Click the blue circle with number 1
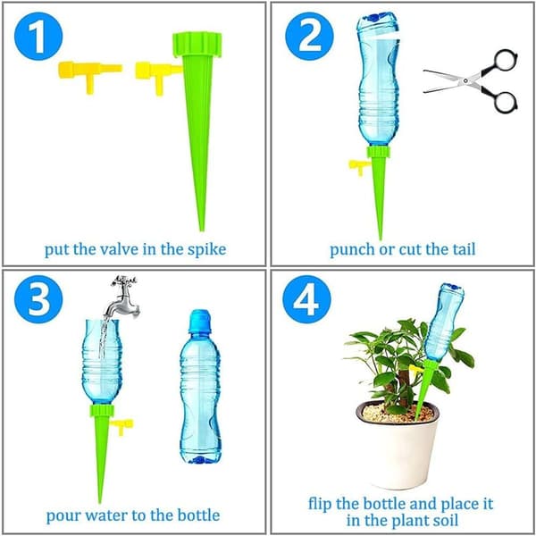[x=38, y=37]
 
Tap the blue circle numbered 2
[x=309, y=37]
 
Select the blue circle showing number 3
[x=38, y=299]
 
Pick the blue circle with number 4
[x=306, y=299]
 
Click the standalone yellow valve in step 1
[x=90, y=76]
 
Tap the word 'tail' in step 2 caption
[x=465, y=249]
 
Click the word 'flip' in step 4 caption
[x=319, y=505]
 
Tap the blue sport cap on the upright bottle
[x=200, y=321]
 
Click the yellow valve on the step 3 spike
[x=121, y=426]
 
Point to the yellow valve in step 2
[x=359, y=166]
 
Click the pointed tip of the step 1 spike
[x=202, y=230]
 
